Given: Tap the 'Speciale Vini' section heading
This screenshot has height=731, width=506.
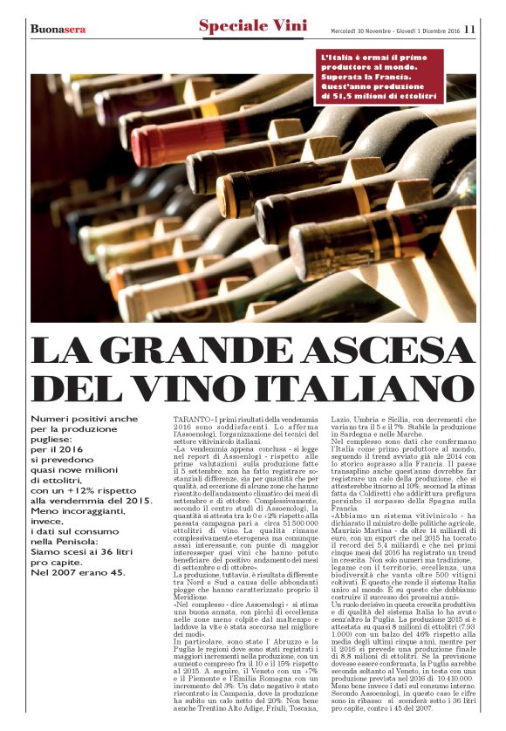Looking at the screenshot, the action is click(x=252, y=27).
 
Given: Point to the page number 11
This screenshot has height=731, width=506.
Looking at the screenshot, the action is click(x=469, y=28).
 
